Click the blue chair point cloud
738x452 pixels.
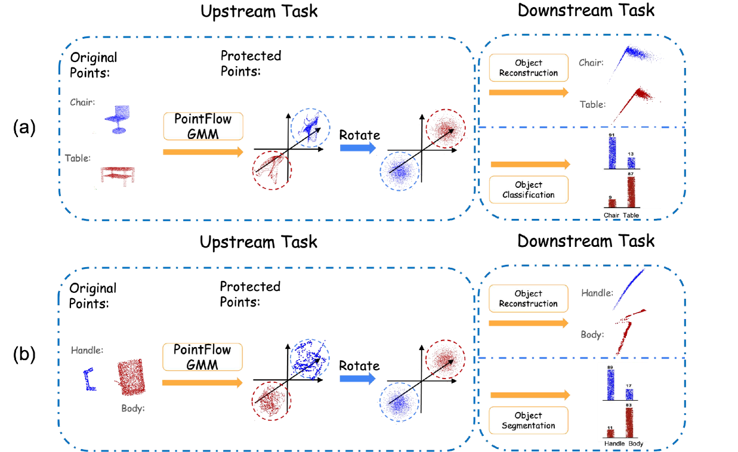point(118,119)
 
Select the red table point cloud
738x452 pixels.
point(118,175)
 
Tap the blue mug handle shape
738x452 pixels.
point(89,379)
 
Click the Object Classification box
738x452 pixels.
point(528,190)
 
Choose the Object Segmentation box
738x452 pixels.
point(528,420)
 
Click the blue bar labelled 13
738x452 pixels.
point(631,163)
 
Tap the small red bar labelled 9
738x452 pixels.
point(612,203)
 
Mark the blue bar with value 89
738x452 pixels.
point(610,385)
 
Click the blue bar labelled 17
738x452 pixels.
point(629,394)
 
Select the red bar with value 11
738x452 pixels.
point(610,434)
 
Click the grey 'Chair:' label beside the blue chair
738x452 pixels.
point(82,103)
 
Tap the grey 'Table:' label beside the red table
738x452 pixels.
point(78,159)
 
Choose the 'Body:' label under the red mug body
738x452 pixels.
point(133,408)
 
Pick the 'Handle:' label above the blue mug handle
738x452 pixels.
point(87,351)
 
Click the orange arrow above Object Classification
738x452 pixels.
point(530,165)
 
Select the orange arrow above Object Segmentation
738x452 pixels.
point(530,395)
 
